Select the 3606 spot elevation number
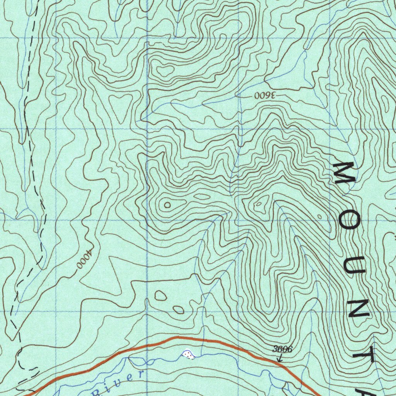coord(282,349)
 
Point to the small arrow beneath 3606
coord(279,358)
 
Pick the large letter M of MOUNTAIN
coord(345,173)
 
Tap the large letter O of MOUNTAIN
coord(349,220)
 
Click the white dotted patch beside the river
coord(188,354)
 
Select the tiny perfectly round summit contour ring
coord(167,205)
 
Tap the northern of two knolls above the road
coord(160,296)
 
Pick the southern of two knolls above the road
coord(178,309)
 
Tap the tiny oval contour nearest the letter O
coord(319,216)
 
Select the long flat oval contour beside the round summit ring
coord(202,197)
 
